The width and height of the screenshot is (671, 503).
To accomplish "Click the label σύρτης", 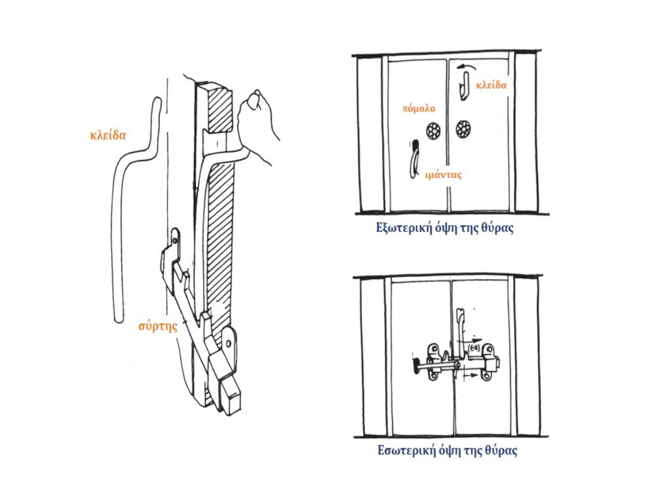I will click(158, 326).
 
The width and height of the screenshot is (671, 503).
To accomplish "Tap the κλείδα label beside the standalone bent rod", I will click(108, 135).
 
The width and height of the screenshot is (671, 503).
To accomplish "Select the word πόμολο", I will click(418, 108).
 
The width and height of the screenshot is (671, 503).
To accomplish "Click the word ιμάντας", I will click(443, 174).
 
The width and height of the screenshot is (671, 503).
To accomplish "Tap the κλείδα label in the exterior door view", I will click(491, 85).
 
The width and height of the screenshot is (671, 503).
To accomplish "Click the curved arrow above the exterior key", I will click(466, 67).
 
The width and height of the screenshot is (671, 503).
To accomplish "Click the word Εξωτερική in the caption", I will click(401, 229).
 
